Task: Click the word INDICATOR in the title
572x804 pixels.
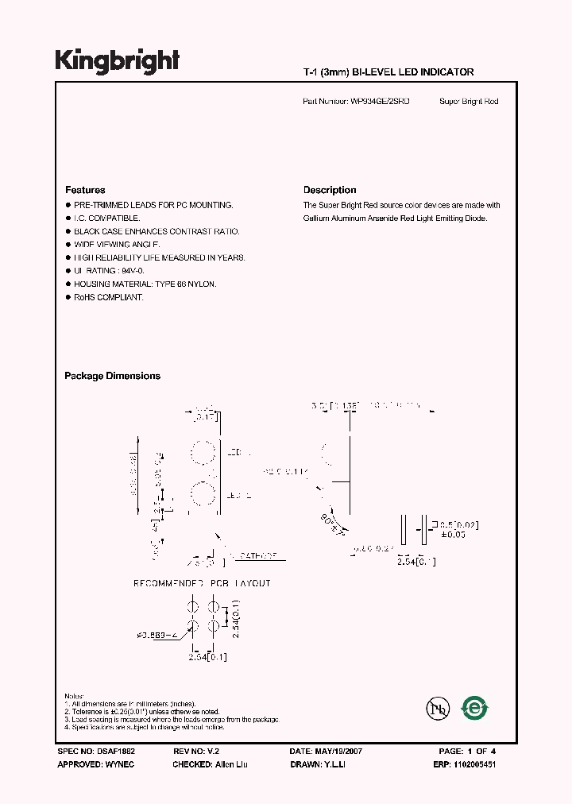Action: [x=446, y=72]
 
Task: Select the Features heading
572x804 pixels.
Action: [x=85, y=190]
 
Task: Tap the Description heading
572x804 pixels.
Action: [x=330, y=190]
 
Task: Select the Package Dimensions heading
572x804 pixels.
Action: [x=112, y=376]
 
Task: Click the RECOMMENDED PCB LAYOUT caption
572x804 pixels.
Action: [x=202, y=583]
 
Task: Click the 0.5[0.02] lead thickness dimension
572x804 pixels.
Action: [x=460, y=525]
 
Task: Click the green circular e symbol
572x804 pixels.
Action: [x=475, y=707]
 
